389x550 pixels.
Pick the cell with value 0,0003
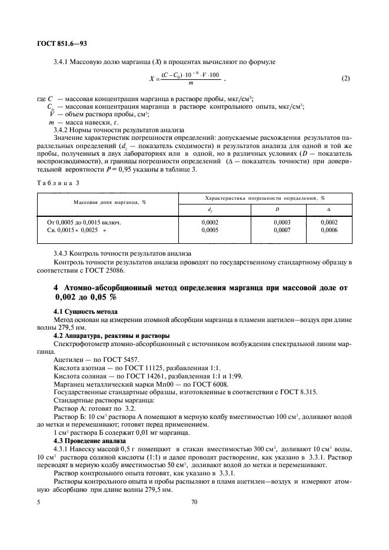tap(282, 223)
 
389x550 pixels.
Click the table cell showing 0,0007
tap(282, 231)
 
